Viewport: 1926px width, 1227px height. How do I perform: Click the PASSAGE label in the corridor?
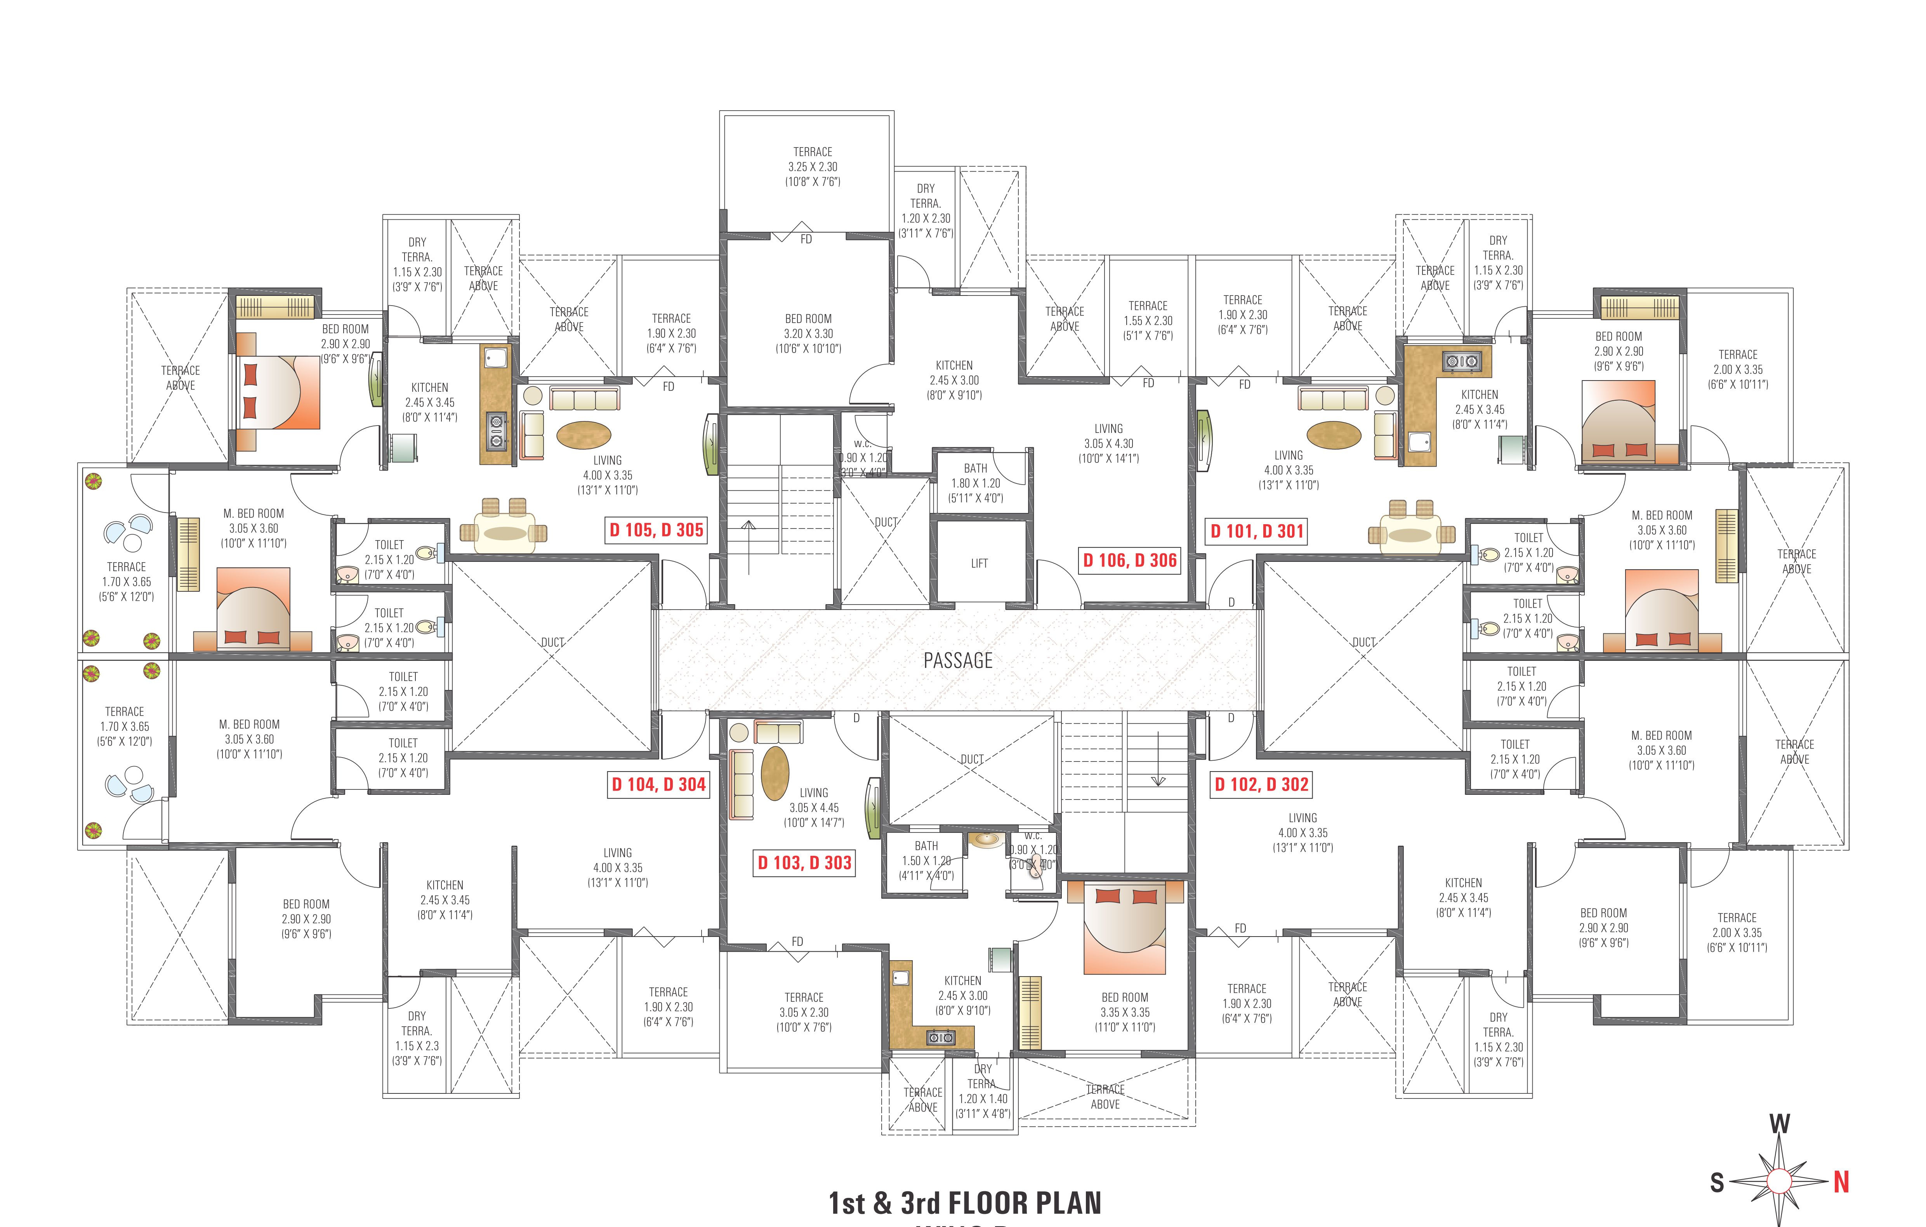957,661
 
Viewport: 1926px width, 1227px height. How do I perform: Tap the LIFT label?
979,563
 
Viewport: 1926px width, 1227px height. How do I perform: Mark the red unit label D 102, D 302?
1261,785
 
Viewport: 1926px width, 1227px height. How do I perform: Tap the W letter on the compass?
1779,1124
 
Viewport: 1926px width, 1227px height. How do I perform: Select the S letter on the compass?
1717,1182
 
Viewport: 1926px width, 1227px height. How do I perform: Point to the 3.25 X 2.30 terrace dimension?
813,166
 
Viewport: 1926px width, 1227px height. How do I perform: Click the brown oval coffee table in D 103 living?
774,773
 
